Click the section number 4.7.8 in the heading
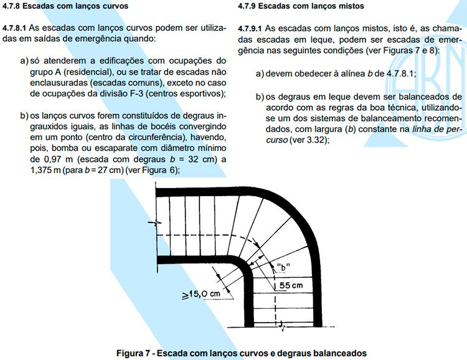(x=13, y=6)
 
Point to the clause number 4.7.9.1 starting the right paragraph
(x=252, y=29)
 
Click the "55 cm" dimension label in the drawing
(x=290, y=285)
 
